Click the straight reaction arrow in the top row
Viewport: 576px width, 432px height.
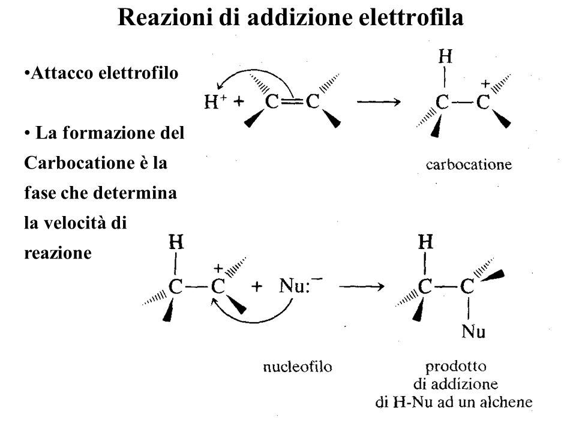pyautogui.click(x=379, y=103)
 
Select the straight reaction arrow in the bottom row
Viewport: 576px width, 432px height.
pyautogui.click(x=364, y=287)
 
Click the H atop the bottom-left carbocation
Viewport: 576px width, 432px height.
pyautogui.click(x=176, y=243)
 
